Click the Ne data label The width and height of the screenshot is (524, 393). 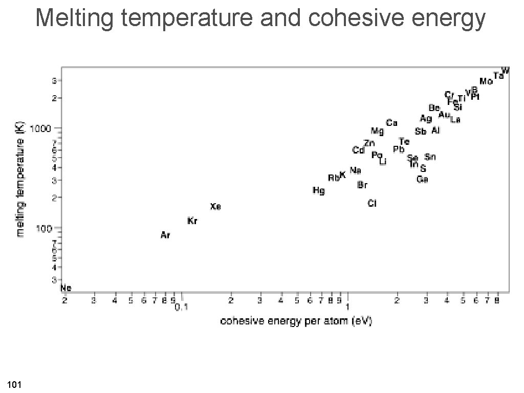pos(66,288)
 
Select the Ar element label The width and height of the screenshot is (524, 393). pos(165,235)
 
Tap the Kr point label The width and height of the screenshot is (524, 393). pos(193,221)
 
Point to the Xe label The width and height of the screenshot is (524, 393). pos(216,207)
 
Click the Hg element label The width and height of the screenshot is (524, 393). pos(319,190)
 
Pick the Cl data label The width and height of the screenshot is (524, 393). pos(373,204)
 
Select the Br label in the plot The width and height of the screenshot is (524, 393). pos(362,185)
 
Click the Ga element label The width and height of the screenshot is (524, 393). pos(423,179)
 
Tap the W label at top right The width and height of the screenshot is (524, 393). pos(505,70)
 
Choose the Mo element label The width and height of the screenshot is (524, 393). pos(486,81)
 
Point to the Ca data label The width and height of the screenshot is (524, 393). pos(392,123)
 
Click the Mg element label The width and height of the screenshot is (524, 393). pos(378,130)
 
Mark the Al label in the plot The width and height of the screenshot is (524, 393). pos(435,130)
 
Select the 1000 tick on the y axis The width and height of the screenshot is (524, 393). pos(45,128)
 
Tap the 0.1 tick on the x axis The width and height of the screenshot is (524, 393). pos(182,308)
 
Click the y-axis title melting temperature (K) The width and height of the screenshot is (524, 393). pos(21,182)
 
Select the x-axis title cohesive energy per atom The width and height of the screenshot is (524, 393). pos(296,321)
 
